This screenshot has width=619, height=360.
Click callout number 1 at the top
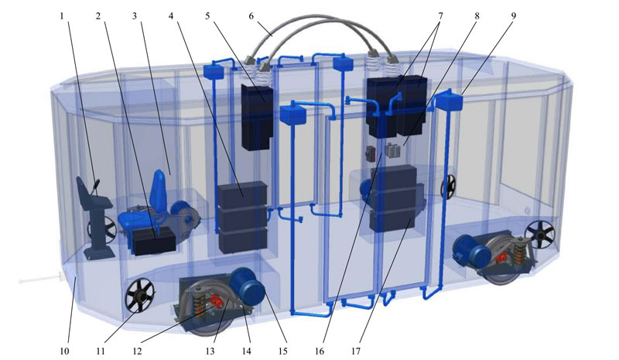(62, 16)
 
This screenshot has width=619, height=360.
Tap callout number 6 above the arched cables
(251, 16)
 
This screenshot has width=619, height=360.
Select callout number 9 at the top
(513, 16)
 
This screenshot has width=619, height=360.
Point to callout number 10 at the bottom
(65, 351)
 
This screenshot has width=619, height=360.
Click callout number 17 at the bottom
(356, 351)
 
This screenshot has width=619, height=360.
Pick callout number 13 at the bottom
(210, 351)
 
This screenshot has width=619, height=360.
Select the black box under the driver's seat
(154, 241)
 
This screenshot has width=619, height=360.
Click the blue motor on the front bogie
(246, 287)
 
